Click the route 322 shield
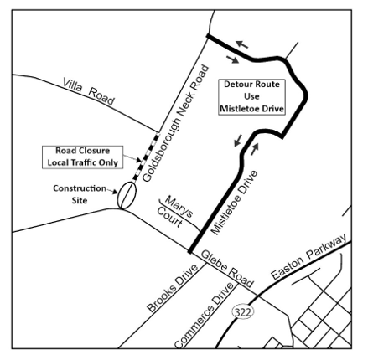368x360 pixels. pos(242,311)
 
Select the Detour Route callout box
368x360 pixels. pos(252,97)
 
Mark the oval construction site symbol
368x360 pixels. pos(127,196)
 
